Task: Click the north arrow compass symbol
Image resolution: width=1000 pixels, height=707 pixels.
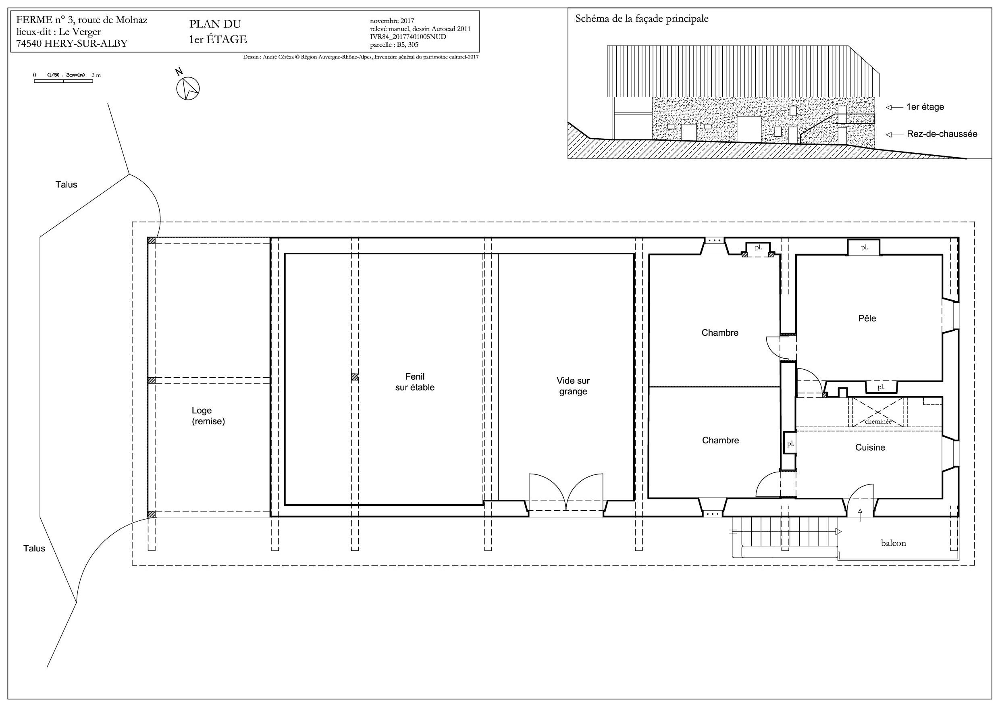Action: coord(188,88)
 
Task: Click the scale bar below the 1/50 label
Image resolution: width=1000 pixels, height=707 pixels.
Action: coord(64,81)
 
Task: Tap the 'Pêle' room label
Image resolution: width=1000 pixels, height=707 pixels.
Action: coord(867,318)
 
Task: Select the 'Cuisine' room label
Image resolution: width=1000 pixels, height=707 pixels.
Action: coord(870,447)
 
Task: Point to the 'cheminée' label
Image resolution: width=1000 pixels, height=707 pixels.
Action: coord(877,421)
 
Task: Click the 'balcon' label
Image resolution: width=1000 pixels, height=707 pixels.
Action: coord(893,543)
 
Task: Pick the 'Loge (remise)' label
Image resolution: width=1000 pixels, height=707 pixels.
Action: coord(208,416)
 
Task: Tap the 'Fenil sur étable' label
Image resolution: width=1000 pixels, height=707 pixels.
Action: coord(415,382)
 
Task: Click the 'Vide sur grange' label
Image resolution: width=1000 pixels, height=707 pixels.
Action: coord(573,386)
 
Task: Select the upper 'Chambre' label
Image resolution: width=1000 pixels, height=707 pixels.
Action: coord(719,333)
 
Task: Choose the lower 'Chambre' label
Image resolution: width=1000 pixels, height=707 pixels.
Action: coord(720,441)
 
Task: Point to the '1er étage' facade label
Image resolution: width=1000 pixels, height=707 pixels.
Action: coord(925,107)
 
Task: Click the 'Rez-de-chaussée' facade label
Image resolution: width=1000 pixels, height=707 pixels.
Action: coord(942,134)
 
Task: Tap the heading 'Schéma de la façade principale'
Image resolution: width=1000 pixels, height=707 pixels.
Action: coord(642,19)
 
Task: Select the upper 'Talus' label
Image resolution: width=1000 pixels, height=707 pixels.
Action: coord(66,185)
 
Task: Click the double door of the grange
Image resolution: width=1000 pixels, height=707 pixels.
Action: coord(566,492)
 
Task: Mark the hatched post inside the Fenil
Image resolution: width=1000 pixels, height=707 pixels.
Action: coord(355,377)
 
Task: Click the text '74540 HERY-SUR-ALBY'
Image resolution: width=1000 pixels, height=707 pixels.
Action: coord(72,44)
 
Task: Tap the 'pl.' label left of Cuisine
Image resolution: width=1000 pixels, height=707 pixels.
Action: coord(790,444)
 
